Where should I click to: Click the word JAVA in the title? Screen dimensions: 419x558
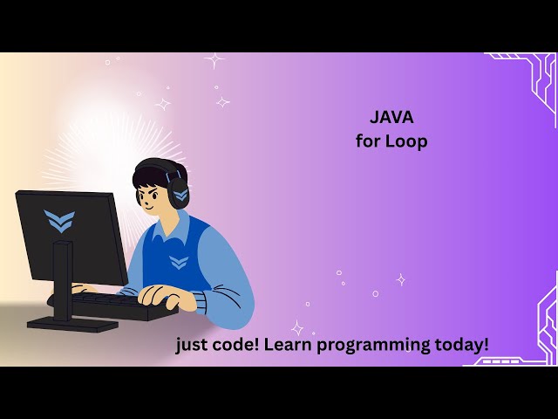point(391,117)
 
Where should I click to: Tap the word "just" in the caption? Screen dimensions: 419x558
point(192,345)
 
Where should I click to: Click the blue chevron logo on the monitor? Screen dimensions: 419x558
point(58,220)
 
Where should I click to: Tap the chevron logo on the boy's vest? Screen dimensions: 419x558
point(179,261)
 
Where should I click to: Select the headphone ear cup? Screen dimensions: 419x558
point(180,194)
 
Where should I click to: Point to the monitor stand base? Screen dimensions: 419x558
point(71,323)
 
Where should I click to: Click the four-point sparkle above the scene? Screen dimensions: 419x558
point(214,61)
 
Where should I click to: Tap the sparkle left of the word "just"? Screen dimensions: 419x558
point(297,328)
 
